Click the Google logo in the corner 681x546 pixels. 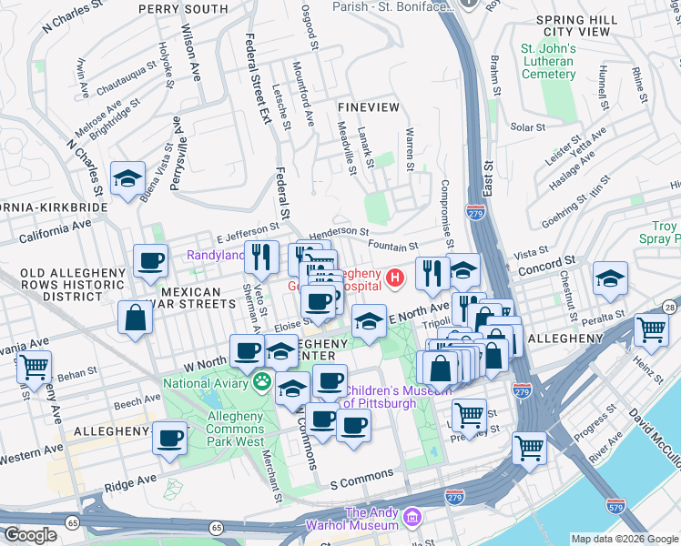[x=31, y=535]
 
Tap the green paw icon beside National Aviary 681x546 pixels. [x=262, y=382]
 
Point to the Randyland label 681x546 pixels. [x=216, y=256]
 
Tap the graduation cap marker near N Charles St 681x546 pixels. [x=128, y=178]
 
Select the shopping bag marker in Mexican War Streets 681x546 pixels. [x=135, y=318]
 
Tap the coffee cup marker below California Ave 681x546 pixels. [x=150, y=261]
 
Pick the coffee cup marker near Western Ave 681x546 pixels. [x=169, y=439]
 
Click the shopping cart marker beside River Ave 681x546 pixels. [x=529, y=447]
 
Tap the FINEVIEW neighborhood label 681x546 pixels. [x=368, y=106]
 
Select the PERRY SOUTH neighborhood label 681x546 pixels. [x=183, y=9]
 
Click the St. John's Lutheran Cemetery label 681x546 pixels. [x=547, y=61]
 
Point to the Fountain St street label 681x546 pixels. [x=392, y=246]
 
